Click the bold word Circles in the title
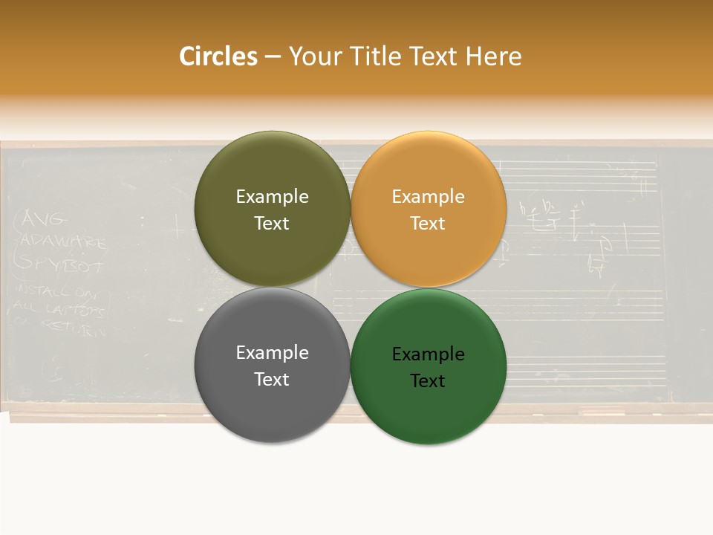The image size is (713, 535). (218, 56)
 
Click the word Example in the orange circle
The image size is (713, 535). (428, 197)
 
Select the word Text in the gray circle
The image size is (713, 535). (272, 380)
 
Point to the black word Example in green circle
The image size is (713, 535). (428, 354)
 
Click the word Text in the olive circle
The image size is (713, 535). (272, 224)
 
